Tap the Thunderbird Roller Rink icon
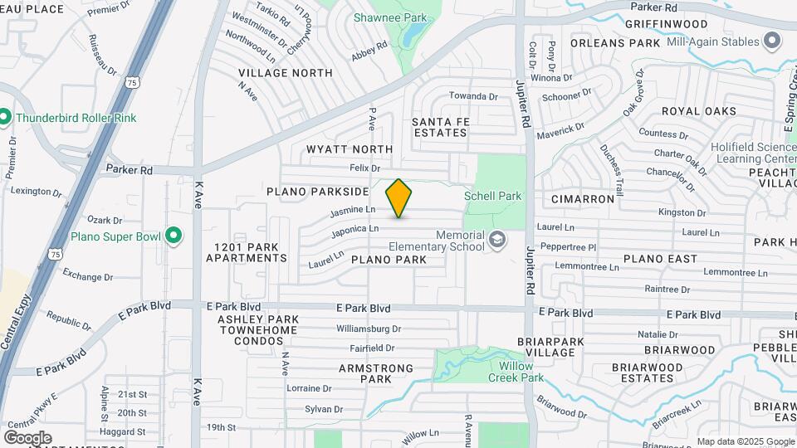tap(4, 118)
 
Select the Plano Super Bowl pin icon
tap(174, 236)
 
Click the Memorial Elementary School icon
tap(497, 241)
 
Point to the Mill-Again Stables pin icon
tap(772, 41)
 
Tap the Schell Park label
tap(493, 197)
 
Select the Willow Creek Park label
tap(521, 372)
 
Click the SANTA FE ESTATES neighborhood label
tap(440, 127)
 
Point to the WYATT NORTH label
tap(350, 149)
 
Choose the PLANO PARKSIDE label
tap(317, 192)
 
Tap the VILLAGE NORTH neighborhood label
tap(285, 73)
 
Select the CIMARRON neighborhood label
tap(583, 199)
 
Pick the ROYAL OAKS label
tap(698, 111)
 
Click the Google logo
tap(27, 437)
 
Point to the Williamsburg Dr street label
tap(369, 329)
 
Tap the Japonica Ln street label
tap(354, 229)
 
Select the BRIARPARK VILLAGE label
tap(545, 347)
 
